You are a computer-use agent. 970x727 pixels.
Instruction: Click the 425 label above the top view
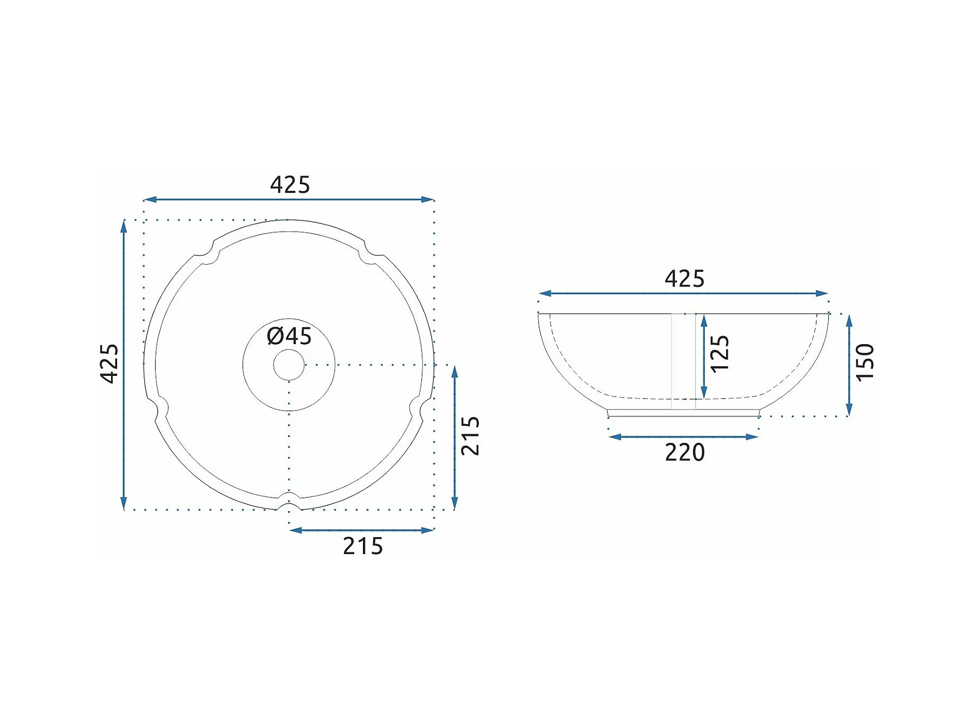290,185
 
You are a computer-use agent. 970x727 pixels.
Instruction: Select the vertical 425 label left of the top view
109,363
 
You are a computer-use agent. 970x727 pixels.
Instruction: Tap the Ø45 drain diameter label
289,336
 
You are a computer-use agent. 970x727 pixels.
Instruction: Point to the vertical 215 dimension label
470,435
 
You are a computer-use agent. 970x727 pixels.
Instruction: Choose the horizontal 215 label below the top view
363,546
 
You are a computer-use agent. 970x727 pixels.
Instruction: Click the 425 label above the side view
685,279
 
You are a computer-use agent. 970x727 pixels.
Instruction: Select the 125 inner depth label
719,354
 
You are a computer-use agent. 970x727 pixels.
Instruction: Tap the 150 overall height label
865,362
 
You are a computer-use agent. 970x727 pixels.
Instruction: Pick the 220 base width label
685,452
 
